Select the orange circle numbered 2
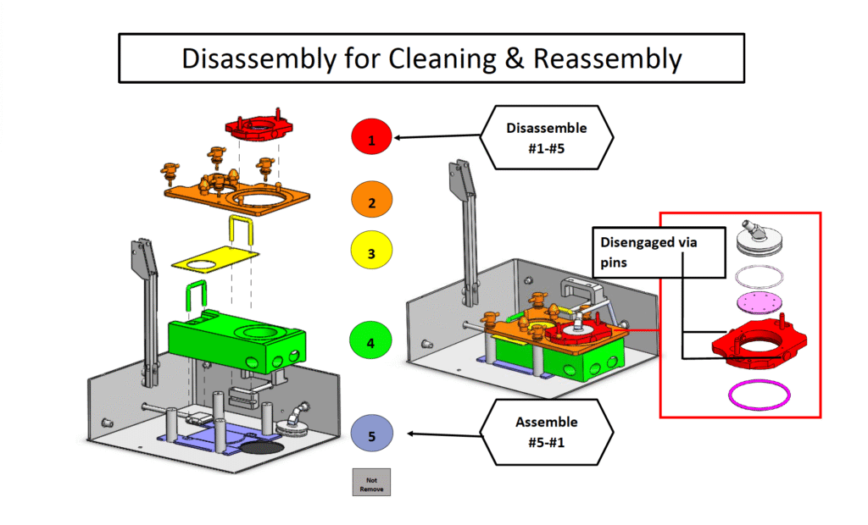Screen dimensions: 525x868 [373, 201]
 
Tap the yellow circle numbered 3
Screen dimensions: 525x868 [373, 251]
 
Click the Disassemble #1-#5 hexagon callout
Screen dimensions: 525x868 [547, 136]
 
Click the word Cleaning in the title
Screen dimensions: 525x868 [437, 58]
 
